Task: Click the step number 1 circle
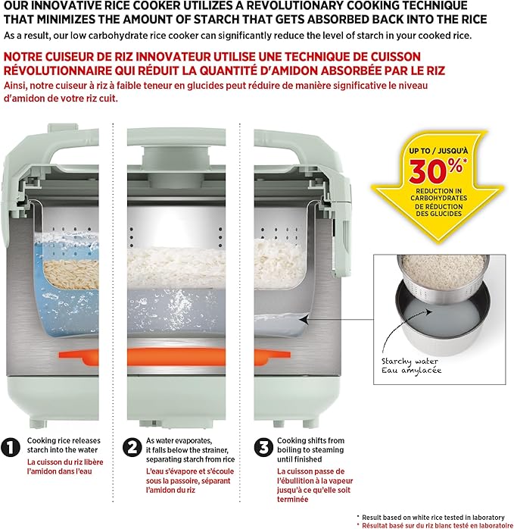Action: (11, 447)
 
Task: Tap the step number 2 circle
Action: (132, 447)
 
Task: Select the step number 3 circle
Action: (263, 447)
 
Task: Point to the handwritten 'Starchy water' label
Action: (410, 362)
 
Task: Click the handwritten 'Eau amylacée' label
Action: (411, 371)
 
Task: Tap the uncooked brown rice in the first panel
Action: (71, 274)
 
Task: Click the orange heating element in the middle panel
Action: (176, 357)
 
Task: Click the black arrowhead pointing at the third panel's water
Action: (304, 319)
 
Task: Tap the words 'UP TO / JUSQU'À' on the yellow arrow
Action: (438, 151)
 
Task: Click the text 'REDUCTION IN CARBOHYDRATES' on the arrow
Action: (438, 194)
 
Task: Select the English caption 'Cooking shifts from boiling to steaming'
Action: (310, 445)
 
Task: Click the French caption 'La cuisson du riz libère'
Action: (65, 462)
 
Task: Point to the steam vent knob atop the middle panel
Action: (176, 155)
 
